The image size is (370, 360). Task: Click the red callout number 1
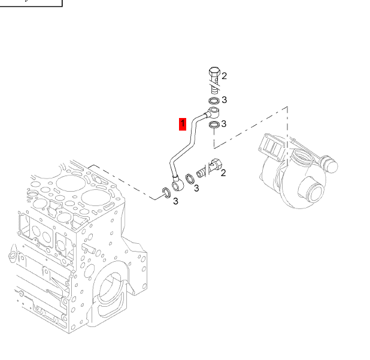click(x=183, y=124)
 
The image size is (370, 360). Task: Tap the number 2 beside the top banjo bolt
click(x=224, y=76)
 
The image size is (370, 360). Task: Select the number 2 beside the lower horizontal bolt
click(x=223, y=173)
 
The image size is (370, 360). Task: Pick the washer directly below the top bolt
click(x=213, y=100)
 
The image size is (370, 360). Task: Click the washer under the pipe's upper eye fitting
click(x=213, y=125)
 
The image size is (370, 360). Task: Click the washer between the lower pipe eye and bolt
click(x=189, y=178)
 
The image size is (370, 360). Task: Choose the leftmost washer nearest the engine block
click(x=164, y=193)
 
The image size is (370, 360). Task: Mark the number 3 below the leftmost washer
click(x=175, y=202)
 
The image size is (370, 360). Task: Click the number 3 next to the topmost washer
click(x=224, y=100)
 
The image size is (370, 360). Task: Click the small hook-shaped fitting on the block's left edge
click(x=10, y=258)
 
